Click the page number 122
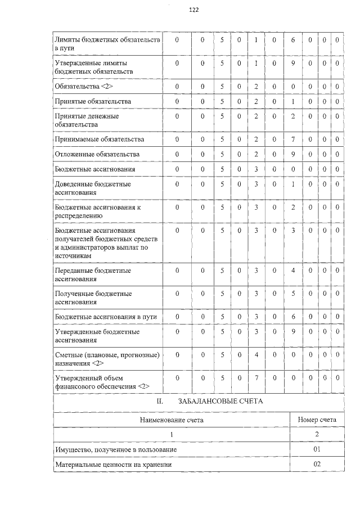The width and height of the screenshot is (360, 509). [194, 10]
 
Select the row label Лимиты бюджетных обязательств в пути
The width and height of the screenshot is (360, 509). [107, 44]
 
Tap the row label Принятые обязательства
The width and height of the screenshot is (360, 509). [93, 101]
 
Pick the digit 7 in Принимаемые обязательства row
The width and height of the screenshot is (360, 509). [293, 139]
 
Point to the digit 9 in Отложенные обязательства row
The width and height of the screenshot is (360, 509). [293, 154]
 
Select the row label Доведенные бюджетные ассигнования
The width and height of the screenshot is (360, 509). [93, 188]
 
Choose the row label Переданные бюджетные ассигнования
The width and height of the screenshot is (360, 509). [93, 274]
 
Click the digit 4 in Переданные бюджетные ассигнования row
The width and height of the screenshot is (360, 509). [293, 271]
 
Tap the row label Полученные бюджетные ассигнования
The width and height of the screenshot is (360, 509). [93, 298]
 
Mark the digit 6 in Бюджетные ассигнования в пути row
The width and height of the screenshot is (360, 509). [293, 317]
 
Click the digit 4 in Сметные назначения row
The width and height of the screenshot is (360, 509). [256, 355]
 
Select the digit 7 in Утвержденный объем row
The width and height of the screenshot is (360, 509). [256, 378]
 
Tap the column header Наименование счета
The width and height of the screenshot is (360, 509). [172, 420]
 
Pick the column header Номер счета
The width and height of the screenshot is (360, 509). [317, 420]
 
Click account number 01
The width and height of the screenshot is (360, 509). [317, 450]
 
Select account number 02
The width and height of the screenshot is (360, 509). [317, 465]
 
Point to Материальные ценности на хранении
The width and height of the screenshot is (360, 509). [112, 465]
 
